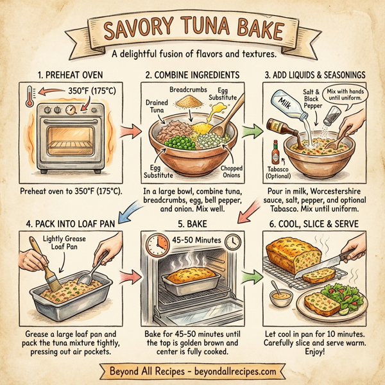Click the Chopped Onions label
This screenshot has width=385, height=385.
click(x=230, y=172)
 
